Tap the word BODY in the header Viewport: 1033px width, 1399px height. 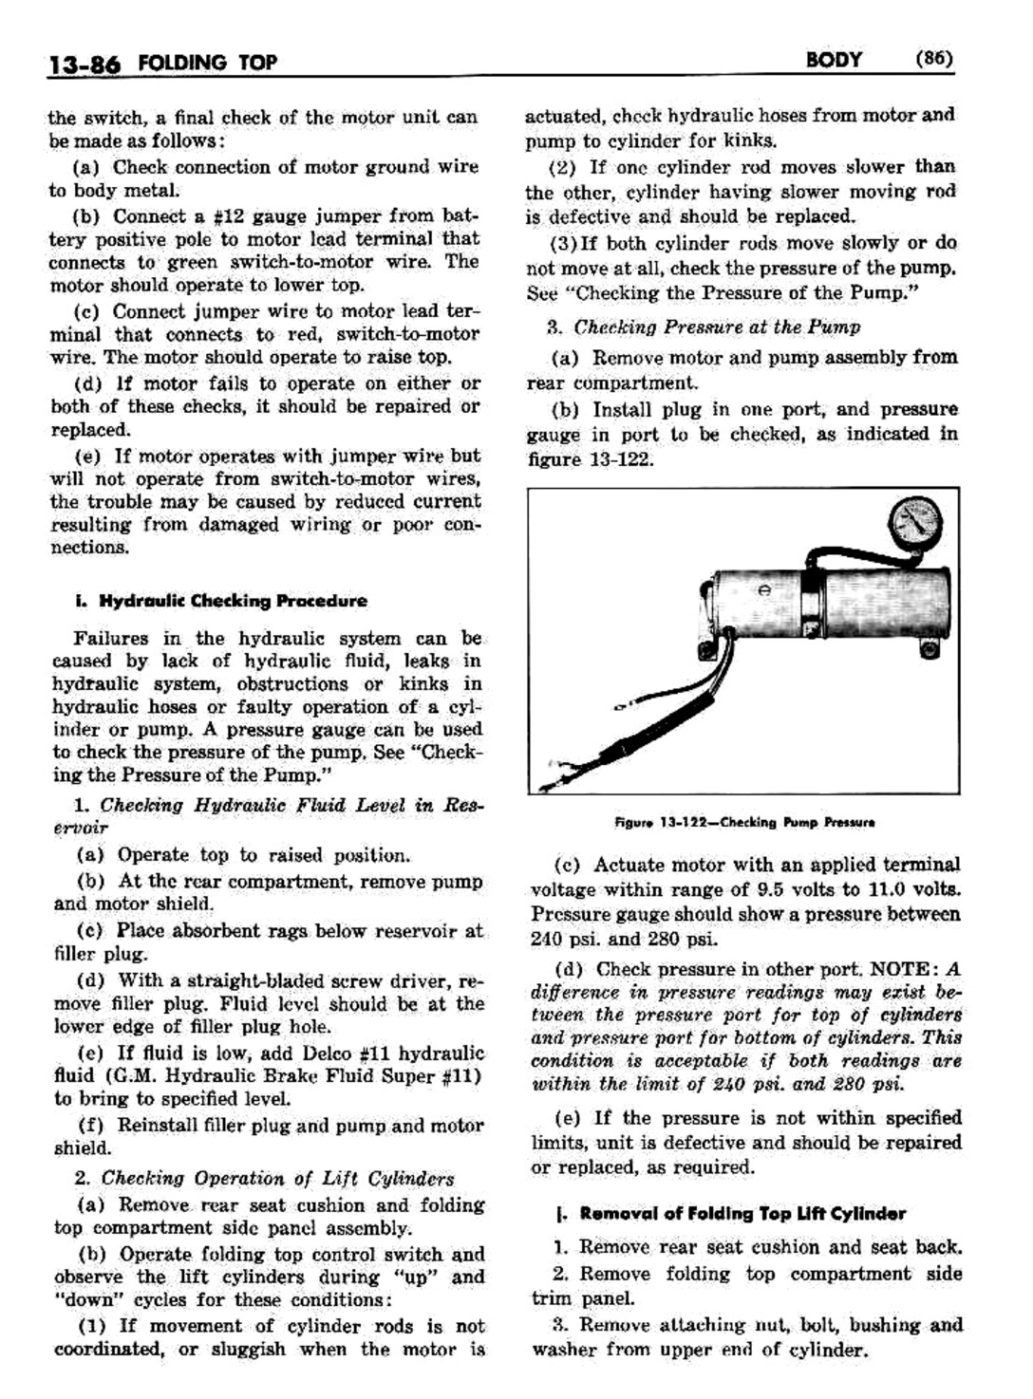pyautogui.click(x=833, y=60)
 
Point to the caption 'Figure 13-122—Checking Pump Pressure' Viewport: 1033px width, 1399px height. pyautogui.click(x=744, y=823)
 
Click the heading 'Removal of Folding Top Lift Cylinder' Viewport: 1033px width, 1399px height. pyautogui.click(x=742, y=1214)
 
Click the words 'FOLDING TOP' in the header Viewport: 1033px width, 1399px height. pyautogui.click(x=207, y=64)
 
